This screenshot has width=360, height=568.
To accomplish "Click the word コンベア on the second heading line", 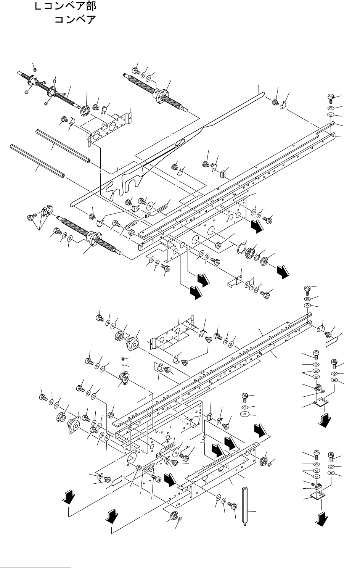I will coord(75,19).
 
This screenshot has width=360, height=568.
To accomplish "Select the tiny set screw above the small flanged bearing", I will coord(123,358).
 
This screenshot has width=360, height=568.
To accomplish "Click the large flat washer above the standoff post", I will coord(244,414).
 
